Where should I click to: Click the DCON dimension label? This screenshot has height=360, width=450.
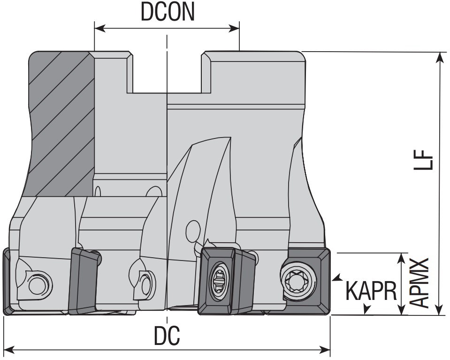[168, 13]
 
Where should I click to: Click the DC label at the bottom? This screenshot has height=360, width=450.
[167, 335]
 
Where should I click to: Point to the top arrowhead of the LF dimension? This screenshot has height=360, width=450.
[440, 57]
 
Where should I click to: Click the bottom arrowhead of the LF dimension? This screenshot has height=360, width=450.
[440, 310]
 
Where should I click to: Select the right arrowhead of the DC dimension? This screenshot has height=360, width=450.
[326, 350]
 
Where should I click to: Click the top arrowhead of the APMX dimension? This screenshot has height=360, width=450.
[402, 258]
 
